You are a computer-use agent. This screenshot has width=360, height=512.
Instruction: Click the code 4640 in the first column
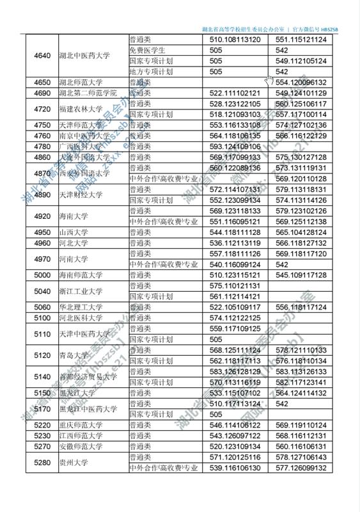click(x=42, y=55)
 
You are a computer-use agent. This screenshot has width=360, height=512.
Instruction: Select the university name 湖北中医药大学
click(x=84, y=55)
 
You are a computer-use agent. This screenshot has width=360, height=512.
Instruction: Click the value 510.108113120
click(x=235, y=40)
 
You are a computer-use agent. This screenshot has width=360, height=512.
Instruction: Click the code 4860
click(x=42, y=157)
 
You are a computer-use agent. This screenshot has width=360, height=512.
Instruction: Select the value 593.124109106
click(x=235, y=147)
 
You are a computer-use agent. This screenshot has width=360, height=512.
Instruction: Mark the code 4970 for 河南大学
click(x=42, y=259)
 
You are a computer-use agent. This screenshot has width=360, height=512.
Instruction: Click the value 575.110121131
click(x=235, y=285)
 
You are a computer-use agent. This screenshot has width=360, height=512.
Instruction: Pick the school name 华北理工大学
click(x=81, y=307)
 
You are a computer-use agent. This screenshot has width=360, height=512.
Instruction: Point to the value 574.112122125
click(x=235, y=317)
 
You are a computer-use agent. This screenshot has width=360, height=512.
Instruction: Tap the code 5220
click(x=42, y=425)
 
